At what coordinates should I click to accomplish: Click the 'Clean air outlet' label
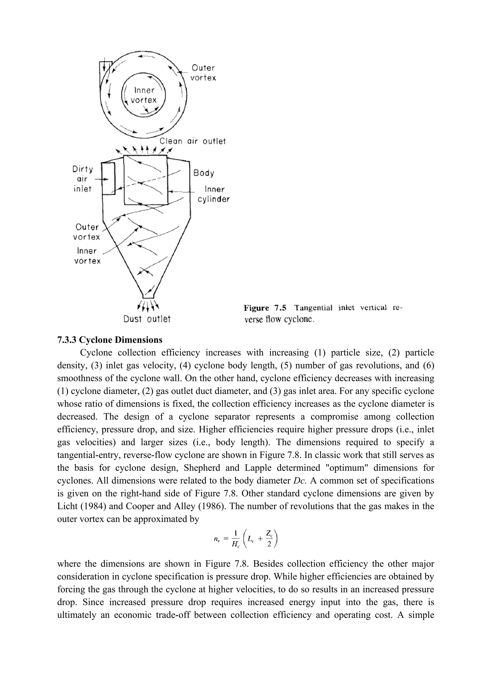192,141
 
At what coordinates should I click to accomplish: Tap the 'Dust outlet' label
147,319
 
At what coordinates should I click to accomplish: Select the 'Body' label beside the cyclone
204,173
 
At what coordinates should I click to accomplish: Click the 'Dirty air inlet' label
82,179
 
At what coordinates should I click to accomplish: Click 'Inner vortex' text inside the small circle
144,95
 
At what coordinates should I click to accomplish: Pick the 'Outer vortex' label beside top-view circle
203,73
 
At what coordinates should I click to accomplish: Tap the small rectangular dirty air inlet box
108,179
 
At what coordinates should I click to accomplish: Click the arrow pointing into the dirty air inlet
101,179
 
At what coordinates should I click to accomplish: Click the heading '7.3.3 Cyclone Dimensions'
110,340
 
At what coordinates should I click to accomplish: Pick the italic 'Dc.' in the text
299,481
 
